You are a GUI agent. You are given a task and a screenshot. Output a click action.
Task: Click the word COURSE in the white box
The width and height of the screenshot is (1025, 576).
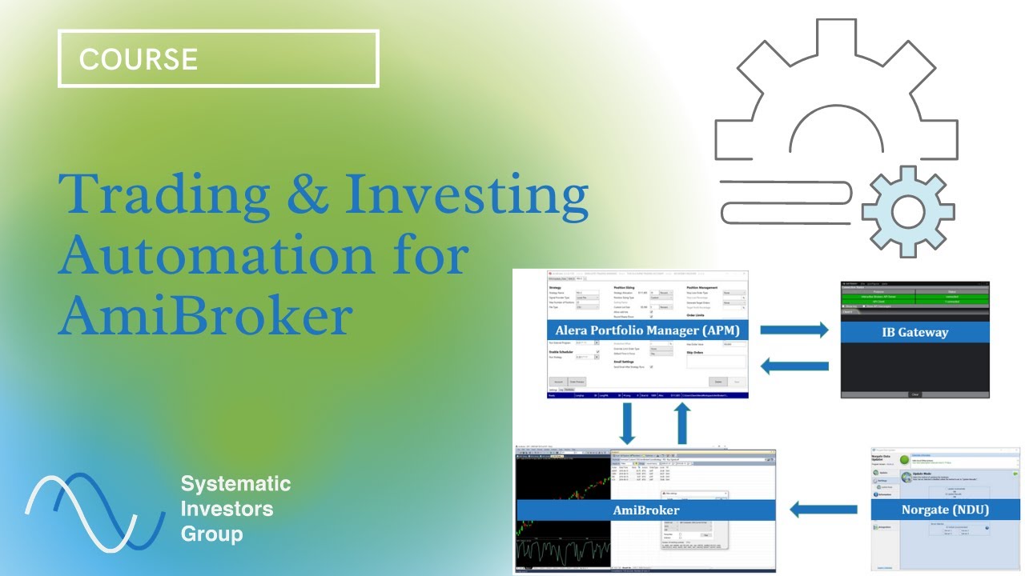point(139,59)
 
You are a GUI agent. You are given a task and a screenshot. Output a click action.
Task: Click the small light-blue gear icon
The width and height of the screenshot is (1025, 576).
point(907,212)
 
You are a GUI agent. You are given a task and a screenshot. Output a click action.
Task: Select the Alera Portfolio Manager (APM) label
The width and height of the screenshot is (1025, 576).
point(647,330)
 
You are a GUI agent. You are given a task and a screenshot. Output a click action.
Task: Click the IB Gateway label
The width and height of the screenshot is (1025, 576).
point(914,332)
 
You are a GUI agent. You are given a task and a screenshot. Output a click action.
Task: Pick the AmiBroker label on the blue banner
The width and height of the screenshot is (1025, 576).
point(646,510)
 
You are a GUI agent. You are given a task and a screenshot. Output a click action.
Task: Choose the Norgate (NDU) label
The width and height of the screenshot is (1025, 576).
point(946,510)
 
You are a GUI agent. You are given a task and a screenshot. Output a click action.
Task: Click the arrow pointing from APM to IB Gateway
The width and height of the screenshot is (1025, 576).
point(794,329)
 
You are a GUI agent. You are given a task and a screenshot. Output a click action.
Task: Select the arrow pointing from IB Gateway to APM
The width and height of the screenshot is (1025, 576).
point(794,366)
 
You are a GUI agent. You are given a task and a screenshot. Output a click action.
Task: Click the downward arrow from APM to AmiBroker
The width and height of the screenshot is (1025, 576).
point(627,423)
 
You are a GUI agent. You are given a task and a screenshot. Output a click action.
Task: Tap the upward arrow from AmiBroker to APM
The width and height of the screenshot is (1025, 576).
point(681,423)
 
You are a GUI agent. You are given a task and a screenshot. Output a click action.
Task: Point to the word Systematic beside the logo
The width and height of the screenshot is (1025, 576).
point(235,484)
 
